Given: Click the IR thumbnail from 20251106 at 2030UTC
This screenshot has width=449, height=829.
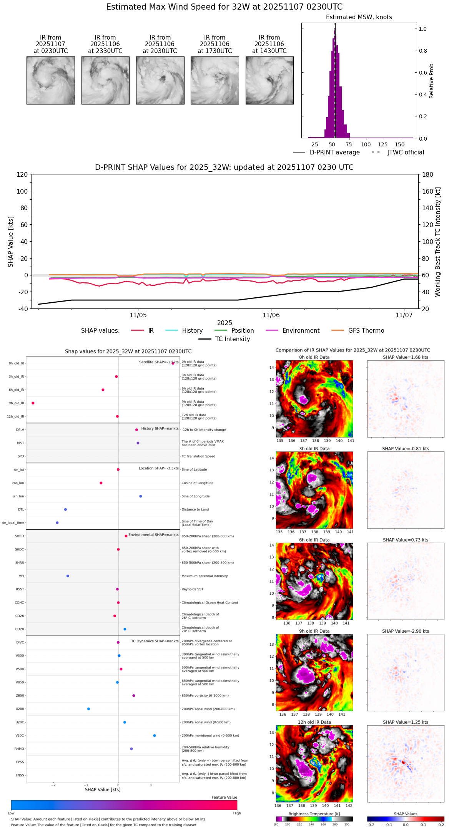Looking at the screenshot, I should [160, 80].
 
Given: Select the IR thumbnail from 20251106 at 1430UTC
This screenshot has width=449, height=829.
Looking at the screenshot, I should [269, 80].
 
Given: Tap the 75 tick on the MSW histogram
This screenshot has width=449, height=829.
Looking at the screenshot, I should [349, 144].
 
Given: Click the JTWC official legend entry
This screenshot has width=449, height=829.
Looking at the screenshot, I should [406, 153].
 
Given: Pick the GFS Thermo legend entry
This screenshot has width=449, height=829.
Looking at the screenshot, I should [366, 331].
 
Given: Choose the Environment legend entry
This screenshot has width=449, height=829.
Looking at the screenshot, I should [301, 331].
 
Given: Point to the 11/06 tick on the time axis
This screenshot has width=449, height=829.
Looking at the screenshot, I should [271, 315].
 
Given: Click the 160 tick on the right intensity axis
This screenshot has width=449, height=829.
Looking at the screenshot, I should [428, 191].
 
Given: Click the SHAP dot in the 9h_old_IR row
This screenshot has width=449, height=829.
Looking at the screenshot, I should [33, 403].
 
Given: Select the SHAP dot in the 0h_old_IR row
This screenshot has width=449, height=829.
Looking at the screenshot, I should [173, 363].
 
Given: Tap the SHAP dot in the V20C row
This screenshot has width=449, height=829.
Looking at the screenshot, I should [155, 736].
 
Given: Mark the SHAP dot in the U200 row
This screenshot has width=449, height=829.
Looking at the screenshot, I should [88, 709].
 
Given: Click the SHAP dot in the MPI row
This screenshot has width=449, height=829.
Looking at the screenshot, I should [68, 576].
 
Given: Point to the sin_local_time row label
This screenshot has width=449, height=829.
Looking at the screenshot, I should [13, 523].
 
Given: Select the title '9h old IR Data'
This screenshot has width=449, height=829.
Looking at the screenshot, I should [314, 631].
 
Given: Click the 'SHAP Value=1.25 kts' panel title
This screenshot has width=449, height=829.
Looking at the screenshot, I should [406, 722].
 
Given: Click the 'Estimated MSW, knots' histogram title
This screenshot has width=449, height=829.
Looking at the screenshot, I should [359, 17].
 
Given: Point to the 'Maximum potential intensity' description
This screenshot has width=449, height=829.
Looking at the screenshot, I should [205, 576].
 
